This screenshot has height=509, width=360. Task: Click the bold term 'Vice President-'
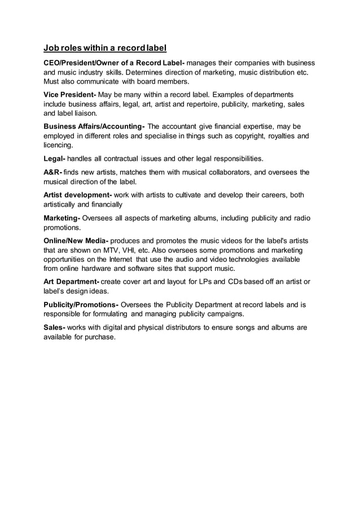click(71, 93)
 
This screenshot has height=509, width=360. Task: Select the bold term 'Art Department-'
click(72, 282)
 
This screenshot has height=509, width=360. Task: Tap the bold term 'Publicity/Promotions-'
click(81, 305)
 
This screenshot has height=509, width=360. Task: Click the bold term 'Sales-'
click(55, 327)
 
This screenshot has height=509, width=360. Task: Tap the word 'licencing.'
click(59, 146)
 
